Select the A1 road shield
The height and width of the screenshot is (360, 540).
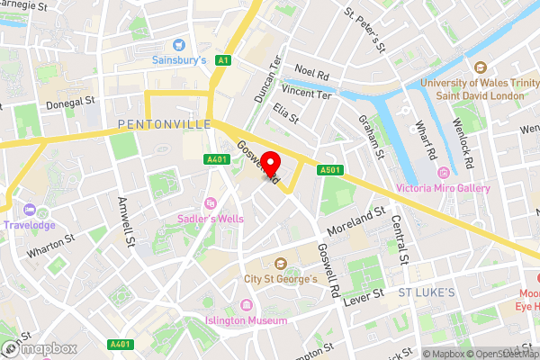click(x=223, y=60)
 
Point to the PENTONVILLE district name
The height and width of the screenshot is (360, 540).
click(x=165, y=123)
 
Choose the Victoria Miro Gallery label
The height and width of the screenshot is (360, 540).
click(x=444, y=189)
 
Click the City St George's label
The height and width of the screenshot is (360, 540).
click(x=281, y=279)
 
